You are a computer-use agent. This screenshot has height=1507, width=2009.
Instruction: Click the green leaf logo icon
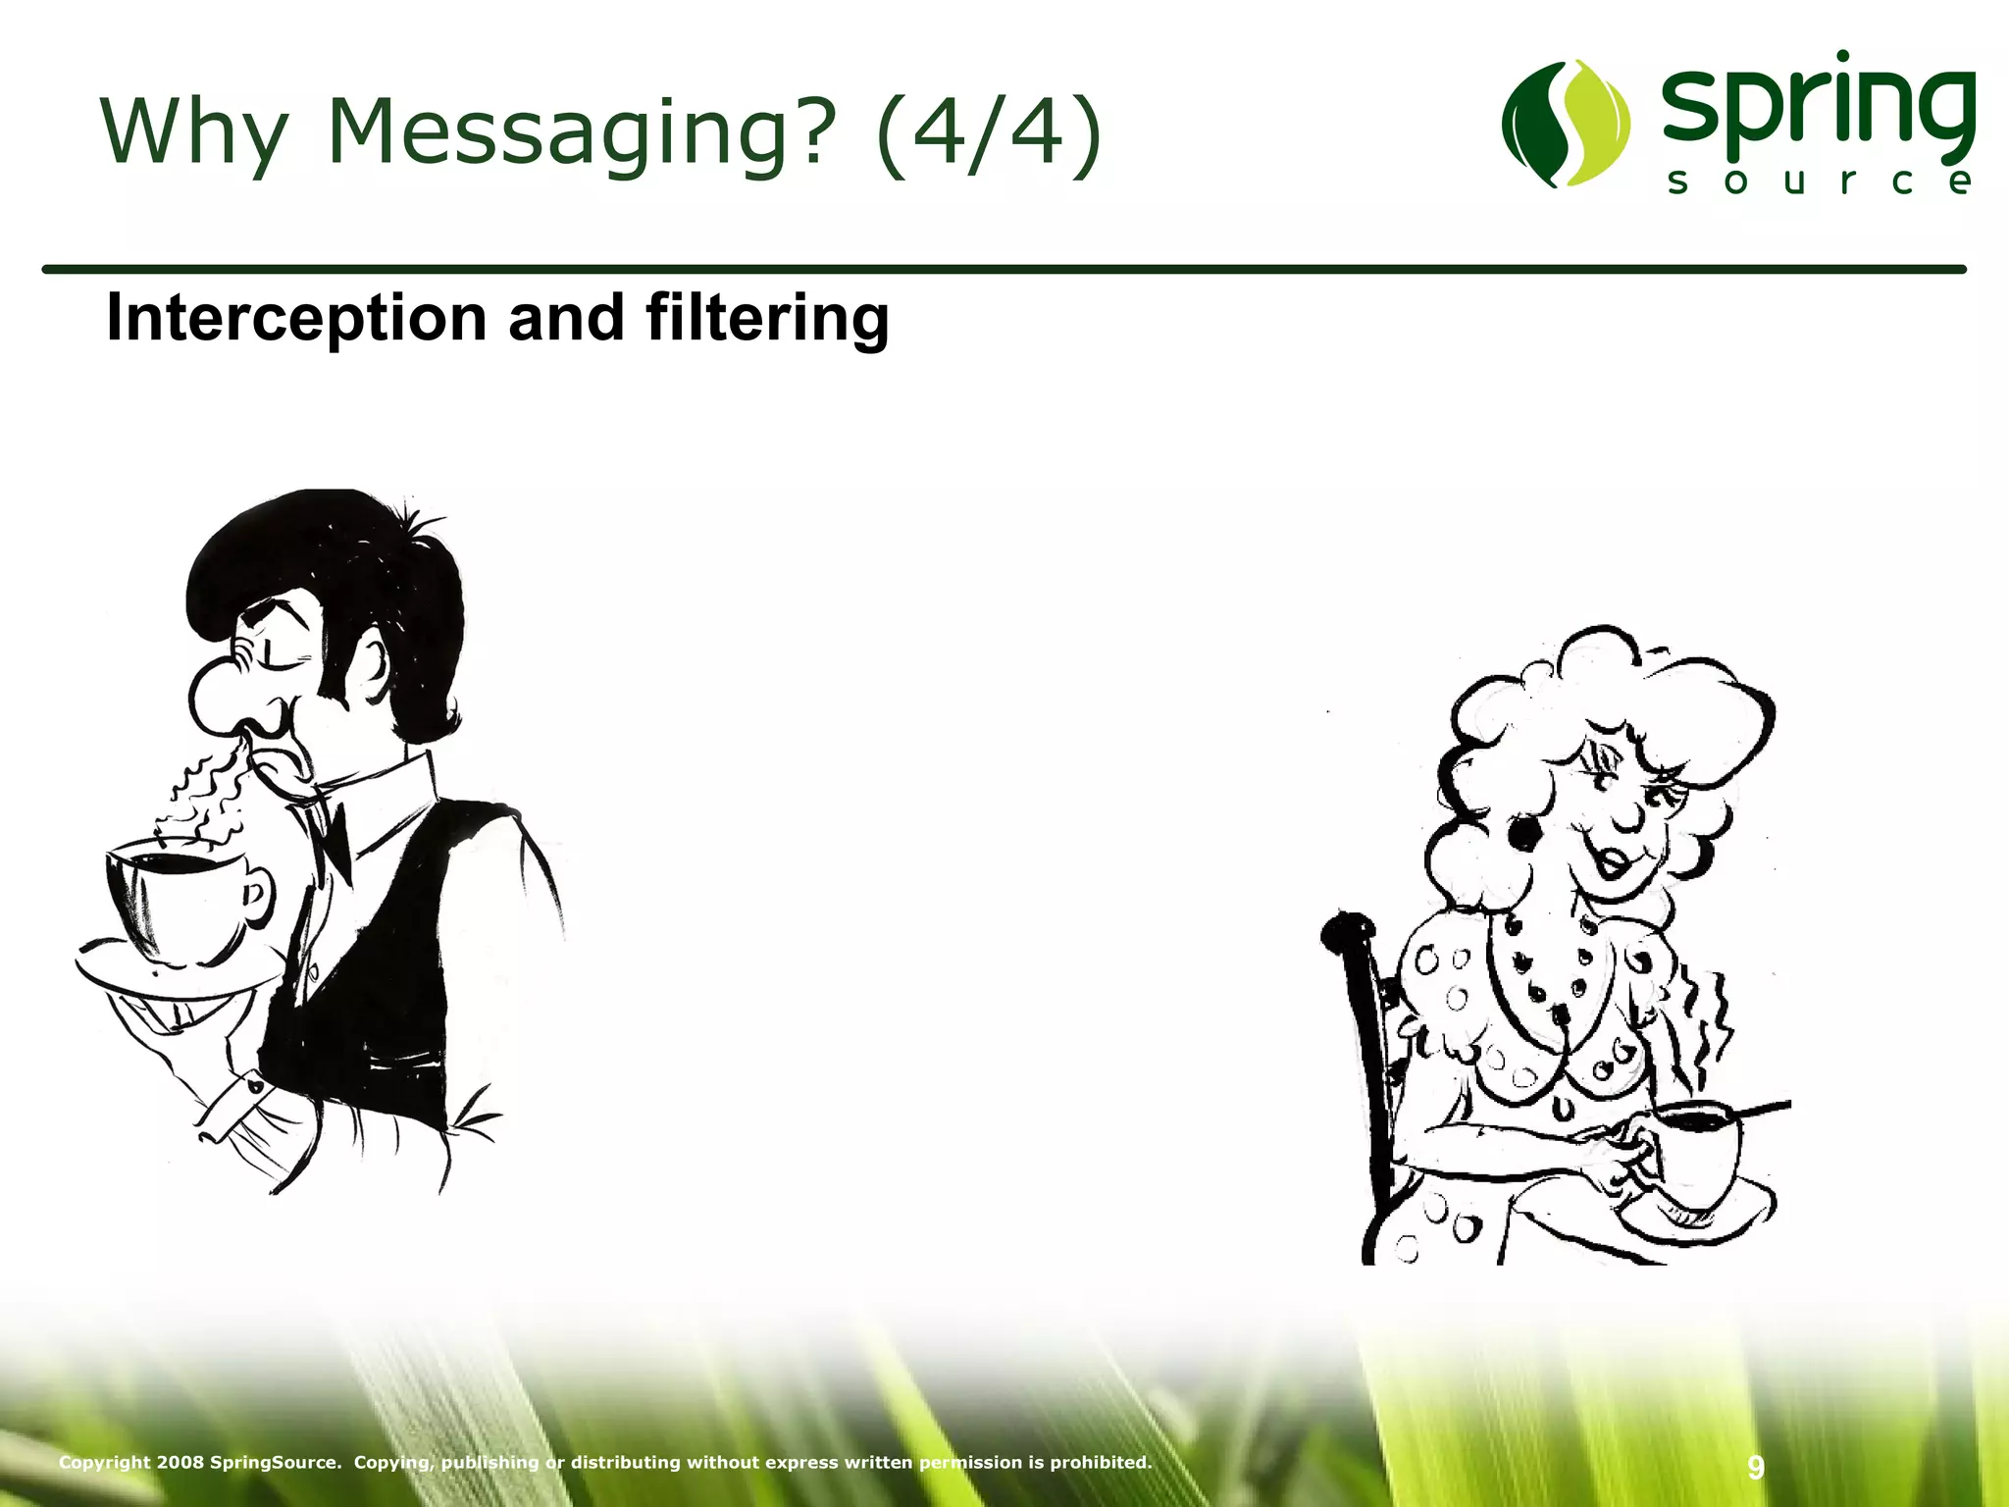pyautogui.click(x=1566, y=123)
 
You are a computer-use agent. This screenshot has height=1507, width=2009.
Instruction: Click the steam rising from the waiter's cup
pyautogui.click(x=211, y=795)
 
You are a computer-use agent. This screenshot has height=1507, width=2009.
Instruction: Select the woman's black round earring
pyautogui.click(x=1523, y=833)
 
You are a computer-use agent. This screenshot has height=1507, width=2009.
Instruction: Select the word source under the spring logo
pyautogui.click(x=1819, y=182)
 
